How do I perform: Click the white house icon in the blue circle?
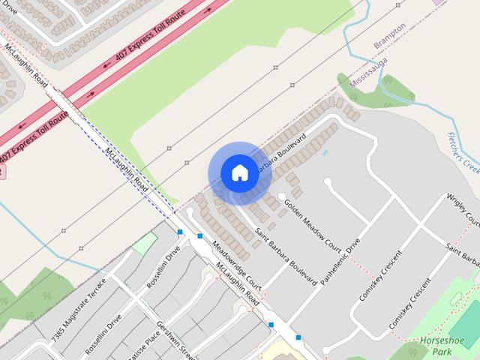click(x=239, y=172)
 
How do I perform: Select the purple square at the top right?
click(x=437, y=2)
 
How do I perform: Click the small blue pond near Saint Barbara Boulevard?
click(x=325, y=153)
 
